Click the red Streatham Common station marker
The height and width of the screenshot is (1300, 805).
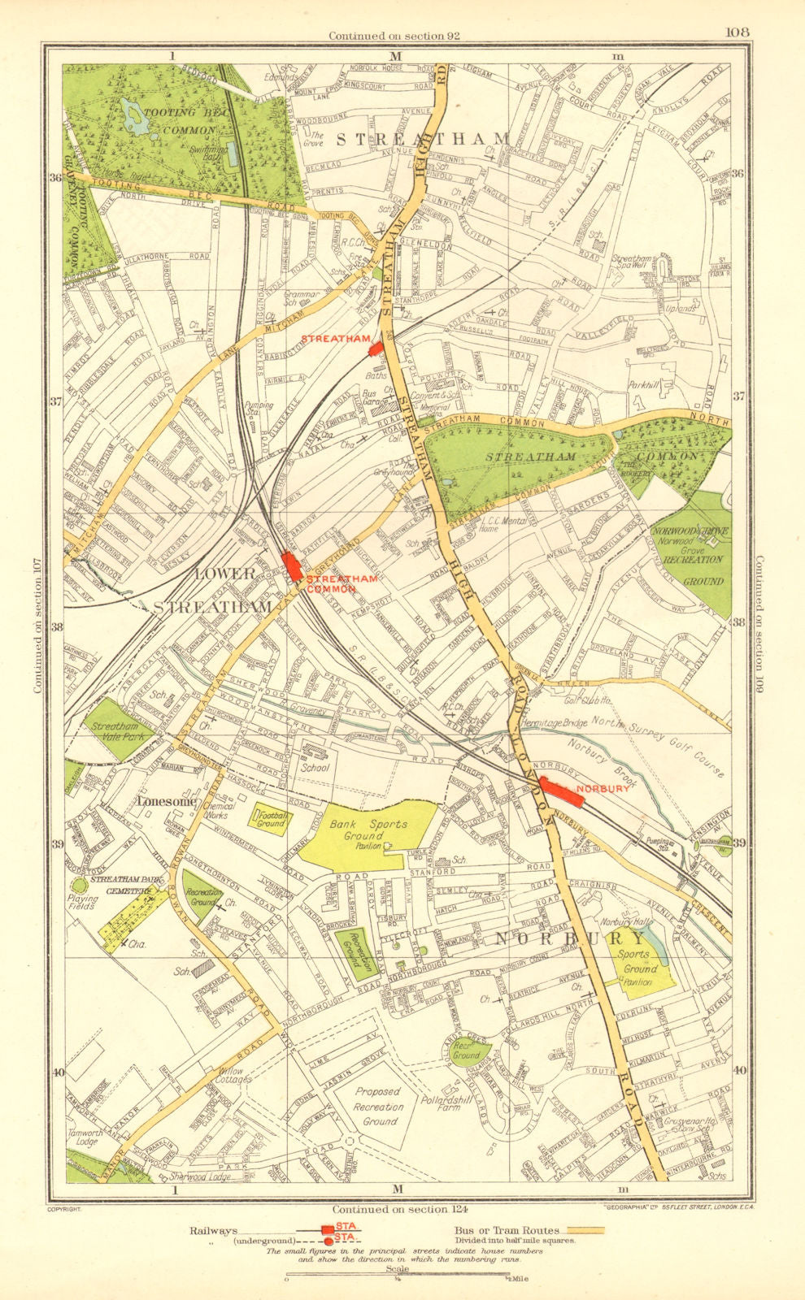point(292,565)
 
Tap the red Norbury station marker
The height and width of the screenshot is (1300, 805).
point(562,792)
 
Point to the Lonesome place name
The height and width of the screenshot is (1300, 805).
point(167,801)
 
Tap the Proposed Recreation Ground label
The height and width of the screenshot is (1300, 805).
point(378,1107)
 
